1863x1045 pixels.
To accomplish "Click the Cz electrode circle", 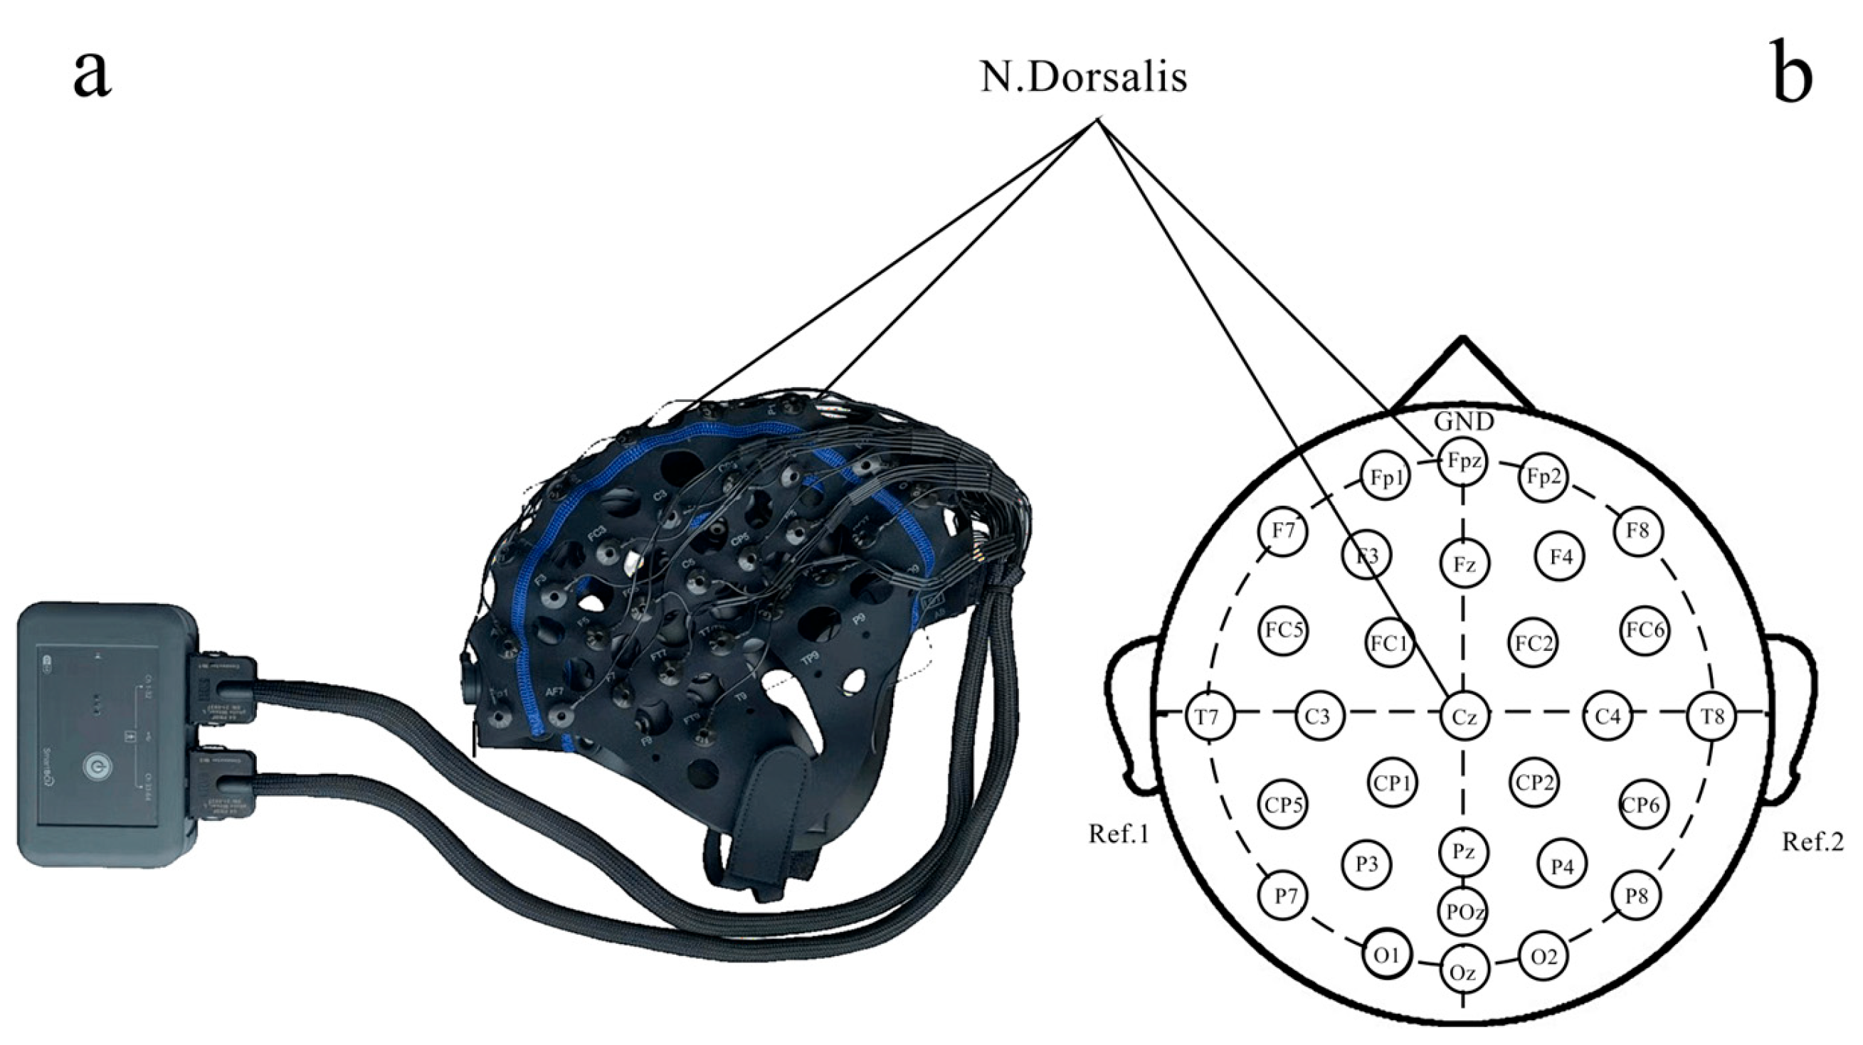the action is (x=1464, y=716).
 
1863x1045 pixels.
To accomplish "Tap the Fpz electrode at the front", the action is (x=1463, y=462).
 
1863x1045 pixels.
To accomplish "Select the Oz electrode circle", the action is (x=1463, y=972).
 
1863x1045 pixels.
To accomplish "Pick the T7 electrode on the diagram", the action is (x=1206, y=716).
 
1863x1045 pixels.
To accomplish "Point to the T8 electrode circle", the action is (x=1711, y=716).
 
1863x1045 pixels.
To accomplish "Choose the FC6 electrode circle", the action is (x=1645, y=630).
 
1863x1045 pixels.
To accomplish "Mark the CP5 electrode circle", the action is (x=1284, y=804).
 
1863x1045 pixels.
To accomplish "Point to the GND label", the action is (x=1464, y=422).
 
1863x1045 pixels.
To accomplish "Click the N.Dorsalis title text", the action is (x=1083, y=78).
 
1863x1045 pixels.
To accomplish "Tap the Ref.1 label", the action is (x=1119, y=834).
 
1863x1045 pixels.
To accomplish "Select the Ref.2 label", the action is (x=1812, y=841).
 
